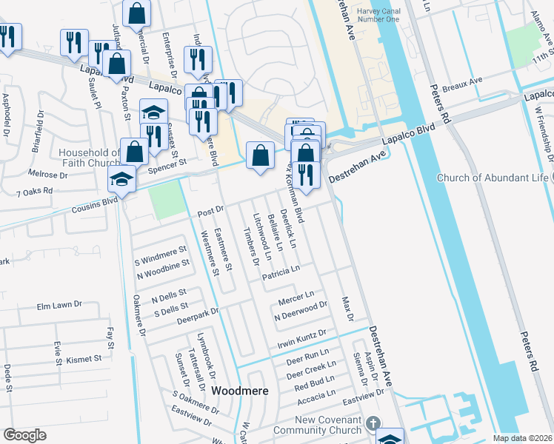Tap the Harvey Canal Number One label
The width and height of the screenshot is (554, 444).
click(378, 16)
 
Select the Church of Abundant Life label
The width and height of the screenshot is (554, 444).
click(493, 178)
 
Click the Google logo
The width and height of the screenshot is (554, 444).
click(24, 435)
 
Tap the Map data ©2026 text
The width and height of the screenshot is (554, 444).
click(523, 438)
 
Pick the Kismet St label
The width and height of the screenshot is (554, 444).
click(84, 359)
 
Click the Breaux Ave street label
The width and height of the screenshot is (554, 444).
click(462, 84)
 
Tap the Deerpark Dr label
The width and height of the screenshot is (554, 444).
click(198, 317)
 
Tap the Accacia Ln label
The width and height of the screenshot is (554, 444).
click(316, 398)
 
